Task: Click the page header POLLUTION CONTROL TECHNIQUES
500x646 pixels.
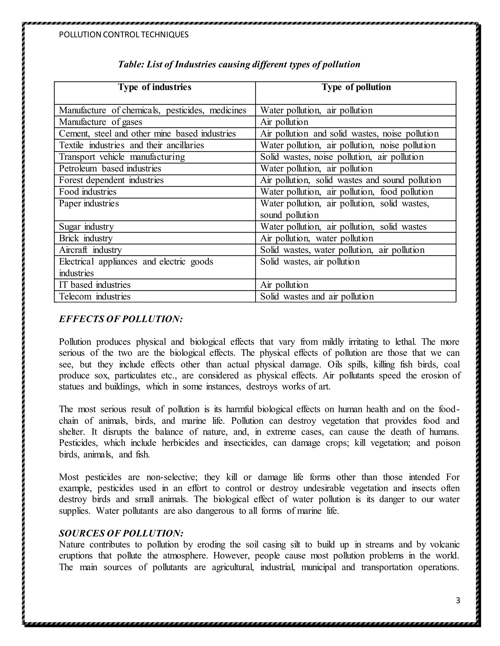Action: point(124,35)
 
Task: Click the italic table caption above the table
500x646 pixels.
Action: point(239,65)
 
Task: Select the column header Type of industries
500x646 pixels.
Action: point(155,87)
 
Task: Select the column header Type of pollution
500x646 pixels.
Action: point(356,87)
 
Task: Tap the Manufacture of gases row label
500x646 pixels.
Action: point(100,122)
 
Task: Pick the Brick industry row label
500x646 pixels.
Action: point(86,238)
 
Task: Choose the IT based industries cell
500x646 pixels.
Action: point(94,285)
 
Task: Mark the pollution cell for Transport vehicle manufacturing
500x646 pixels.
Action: point(342,157)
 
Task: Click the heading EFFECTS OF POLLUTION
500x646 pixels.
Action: point(121,319)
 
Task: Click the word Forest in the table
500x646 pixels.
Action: point(71,180)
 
